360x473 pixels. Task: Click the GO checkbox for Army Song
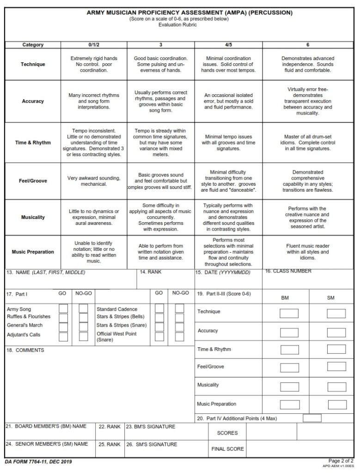click(63, 308)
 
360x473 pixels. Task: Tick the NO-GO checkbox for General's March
click(83, 327)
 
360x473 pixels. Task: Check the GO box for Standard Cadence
click(159, 308)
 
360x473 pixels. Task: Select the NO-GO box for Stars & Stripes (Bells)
click(179, 317)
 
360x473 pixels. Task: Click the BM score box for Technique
click(289, 313)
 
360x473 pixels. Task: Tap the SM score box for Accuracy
click(336, 332)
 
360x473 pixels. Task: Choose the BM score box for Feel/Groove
click(289, 367)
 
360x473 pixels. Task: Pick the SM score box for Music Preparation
click(336, 405)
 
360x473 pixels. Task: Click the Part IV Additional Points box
click(312, 418)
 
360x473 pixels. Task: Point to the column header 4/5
click(228, 45)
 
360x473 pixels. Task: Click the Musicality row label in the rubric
click(33, 217)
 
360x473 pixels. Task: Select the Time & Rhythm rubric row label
click(33, 143)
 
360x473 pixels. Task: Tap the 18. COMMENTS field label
click(25, 350)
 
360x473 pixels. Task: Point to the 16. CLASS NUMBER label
click(288, 271)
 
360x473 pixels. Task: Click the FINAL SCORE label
click(227, 449)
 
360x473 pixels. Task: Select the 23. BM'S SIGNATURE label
click(151, 427)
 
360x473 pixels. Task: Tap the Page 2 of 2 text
click(341, 461)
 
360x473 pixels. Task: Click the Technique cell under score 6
click(308, 64)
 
